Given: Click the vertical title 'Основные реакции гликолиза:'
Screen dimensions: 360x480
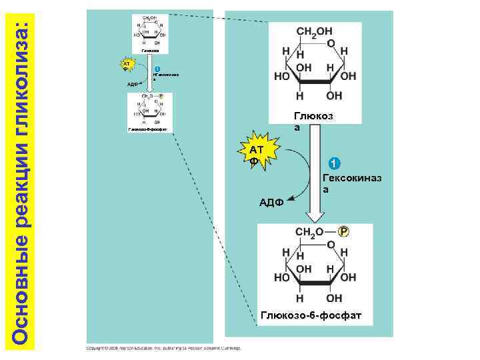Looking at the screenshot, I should pos(21,180).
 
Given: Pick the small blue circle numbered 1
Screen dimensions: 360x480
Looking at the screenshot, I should pos(156,69).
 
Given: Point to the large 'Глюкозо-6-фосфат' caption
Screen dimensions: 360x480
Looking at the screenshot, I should pos(311,315).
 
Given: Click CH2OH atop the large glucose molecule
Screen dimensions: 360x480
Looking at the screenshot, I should pos(315,33).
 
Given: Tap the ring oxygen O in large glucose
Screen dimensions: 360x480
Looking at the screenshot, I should pos(331,44).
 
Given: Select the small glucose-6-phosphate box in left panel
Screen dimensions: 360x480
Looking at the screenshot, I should pos(149,111).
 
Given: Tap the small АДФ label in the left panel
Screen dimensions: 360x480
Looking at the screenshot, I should pos(131,85).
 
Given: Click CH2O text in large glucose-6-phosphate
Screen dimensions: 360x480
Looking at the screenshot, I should pos(309,232).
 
